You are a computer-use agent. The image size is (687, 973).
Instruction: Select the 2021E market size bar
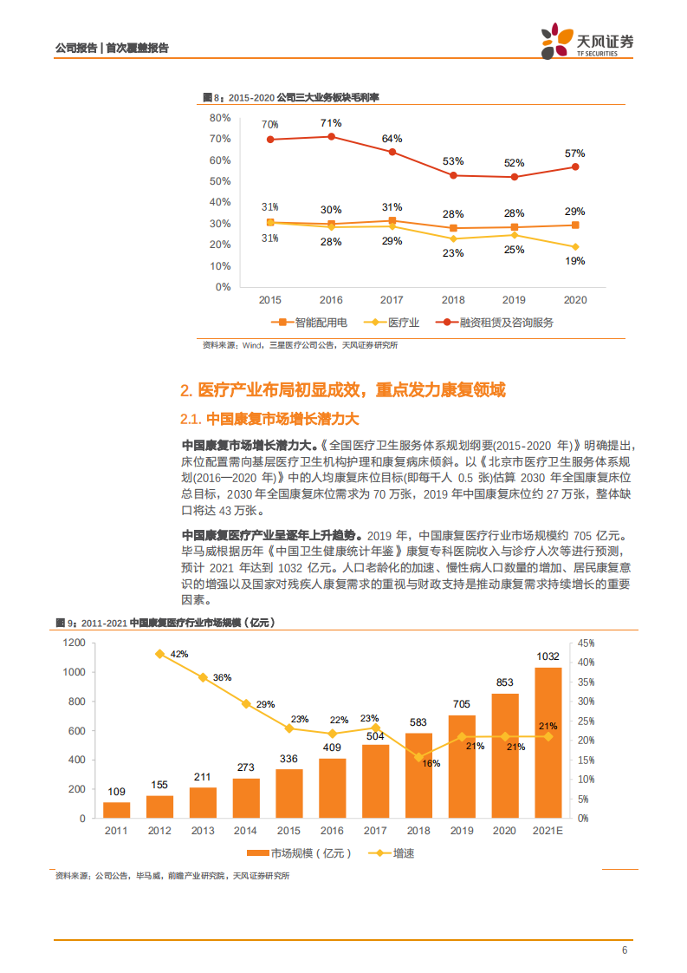tap(548, 742)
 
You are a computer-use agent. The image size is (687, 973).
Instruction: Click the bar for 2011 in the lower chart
tap(117, 810)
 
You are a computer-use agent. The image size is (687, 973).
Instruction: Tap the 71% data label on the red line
tap(330, 122)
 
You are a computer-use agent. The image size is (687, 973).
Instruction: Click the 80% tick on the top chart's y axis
tap(220, 118)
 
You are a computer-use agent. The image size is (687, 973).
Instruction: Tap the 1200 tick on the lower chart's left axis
tap(74, 643)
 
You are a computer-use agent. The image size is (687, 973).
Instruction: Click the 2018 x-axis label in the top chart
tap(453, 300)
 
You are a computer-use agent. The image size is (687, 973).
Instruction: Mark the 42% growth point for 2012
tap(159, 654)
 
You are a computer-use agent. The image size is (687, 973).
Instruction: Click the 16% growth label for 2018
tap(431, 763)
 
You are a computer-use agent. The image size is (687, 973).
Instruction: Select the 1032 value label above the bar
tap(548, 656)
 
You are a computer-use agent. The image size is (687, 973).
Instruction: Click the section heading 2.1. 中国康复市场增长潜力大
tap(269, 420)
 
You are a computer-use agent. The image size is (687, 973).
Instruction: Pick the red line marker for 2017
tap(392, 152)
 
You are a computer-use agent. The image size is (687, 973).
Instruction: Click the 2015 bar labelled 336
tap(289, 793)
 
